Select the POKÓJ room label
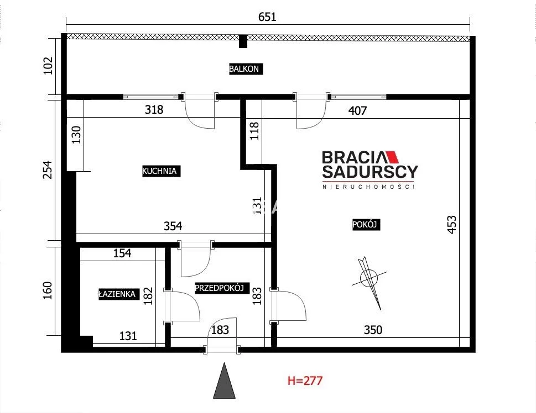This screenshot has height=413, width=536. (x=366, y=225)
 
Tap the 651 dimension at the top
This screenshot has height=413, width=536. (x=267, y=17)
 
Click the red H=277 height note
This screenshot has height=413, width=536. (x=305, y=380)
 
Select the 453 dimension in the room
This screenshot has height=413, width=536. (x=451, y=225)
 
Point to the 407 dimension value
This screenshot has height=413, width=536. (x=357, y=110)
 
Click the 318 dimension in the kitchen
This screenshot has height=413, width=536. (x=154, y=109)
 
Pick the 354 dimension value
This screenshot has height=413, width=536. (x=173, y=226)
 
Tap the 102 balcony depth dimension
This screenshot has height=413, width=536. (x=49, y=66)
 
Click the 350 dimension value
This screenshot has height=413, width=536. (x=373, y=330)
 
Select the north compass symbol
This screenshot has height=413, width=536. (x=369, y=278)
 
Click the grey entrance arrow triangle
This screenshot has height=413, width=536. (x=224, y=381)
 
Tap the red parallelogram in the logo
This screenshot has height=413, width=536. (x=392, y=157)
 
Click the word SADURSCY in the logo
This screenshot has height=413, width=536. (x=370, y=172)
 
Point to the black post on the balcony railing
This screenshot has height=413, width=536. (x=243, y=41)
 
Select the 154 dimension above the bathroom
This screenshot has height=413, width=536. (x=122, y=253)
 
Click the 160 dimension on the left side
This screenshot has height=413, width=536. (x=48, y=290)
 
